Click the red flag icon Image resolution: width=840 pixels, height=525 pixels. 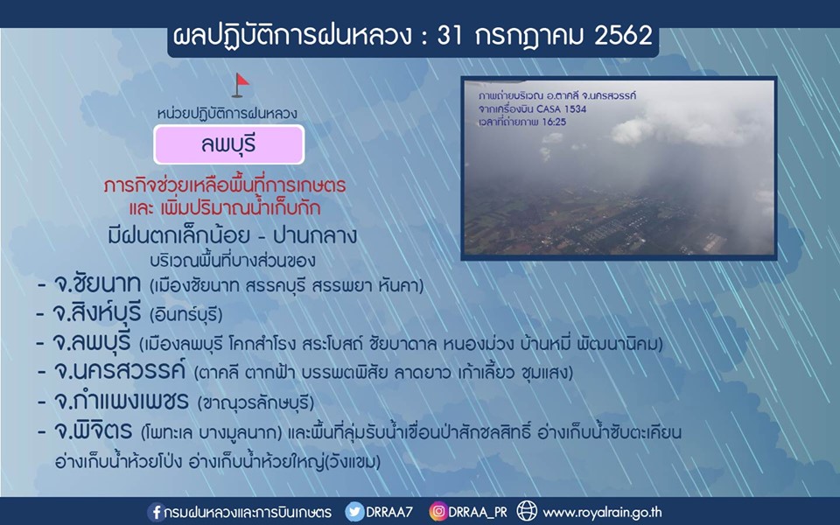241,86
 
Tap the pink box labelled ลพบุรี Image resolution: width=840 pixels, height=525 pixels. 229,144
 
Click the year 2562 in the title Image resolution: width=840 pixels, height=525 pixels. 623,36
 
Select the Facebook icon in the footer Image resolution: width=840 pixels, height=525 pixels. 156,512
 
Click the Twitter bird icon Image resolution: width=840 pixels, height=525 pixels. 354,512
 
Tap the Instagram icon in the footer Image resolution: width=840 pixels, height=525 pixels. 438,512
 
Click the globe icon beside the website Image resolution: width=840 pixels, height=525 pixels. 527,511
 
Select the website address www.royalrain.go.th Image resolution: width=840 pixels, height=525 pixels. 602,513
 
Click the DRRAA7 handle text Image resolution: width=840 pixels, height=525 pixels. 389,512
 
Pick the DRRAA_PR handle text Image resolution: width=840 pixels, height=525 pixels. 478,512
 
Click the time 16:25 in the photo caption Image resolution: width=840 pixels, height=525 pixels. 554,122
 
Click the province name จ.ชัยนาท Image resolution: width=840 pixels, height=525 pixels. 97,284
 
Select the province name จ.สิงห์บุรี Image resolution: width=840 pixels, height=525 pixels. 97,313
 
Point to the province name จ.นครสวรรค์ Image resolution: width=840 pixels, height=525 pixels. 119,371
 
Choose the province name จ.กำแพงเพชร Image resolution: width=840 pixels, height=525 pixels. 121,401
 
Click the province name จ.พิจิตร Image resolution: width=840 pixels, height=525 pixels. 93,430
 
